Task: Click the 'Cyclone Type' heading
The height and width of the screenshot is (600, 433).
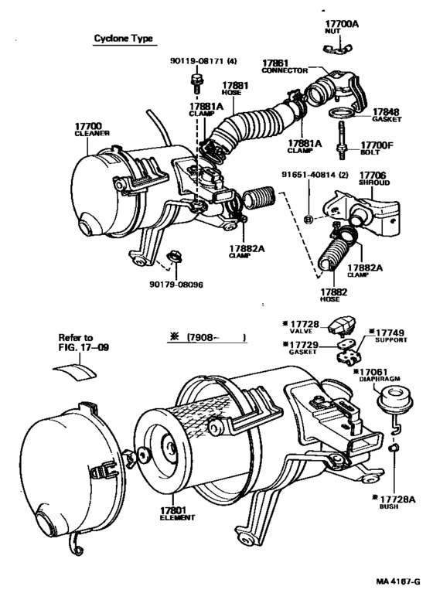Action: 122,38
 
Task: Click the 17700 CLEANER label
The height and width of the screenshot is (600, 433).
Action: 93,128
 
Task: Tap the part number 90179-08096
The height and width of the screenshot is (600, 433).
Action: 176,284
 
